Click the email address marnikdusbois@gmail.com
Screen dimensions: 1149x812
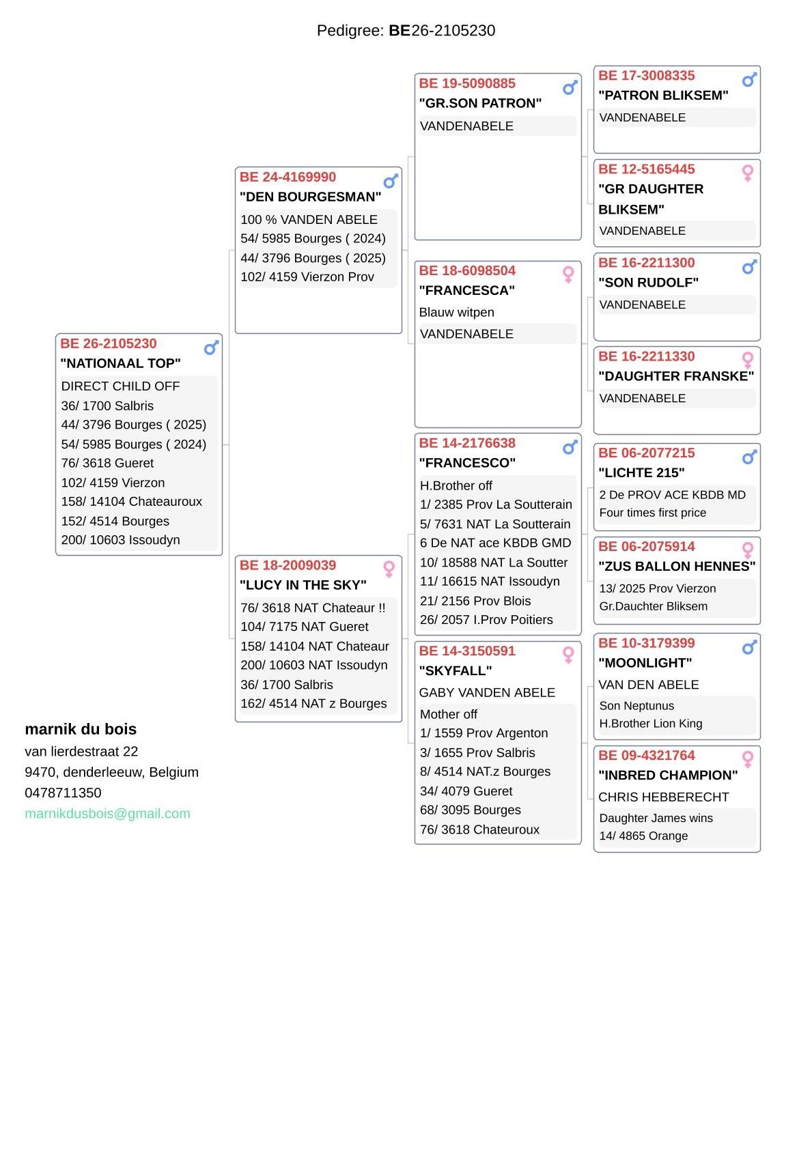pos(107,813)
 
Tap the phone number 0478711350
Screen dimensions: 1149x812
pos(63,793)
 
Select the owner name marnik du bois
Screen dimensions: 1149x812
pos(81,729)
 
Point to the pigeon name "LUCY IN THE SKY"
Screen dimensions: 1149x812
pos(303,585)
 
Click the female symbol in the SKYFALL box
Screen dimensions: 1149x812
pos(568,655)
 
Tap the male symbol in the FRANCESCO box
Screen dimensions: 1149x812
pos(570,448)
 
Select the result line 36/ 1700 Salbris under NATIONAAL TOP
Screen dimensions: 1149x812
pos(107,406)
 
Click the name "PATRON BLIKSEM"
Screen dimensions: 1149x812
pos(662,96)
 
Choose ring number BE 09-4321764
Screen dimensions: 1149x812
pos(646,755)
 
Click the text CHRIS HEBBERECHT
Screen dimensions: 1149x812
pos(663,797)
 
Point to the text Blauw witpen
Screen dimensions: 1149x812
pos(456,312)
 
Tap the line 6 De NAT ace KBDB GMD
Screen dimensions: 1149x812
pos(495,543)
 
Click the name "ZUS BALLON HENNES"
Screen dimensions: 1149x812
pos(676,566)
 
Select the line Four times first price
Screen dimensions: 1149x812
pos(652,513)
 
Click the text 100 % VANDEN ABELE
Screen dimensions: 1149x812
pos(309,219)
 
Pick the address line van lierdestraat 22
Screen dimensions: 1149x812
pos(81,752)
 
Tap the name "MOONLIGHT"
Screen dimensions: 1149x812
pos(645,663)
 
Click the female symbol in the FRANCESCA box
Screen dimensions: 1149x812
pos(568,274)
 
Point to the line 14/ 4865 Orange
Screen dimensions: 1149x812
pos(643,836)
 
